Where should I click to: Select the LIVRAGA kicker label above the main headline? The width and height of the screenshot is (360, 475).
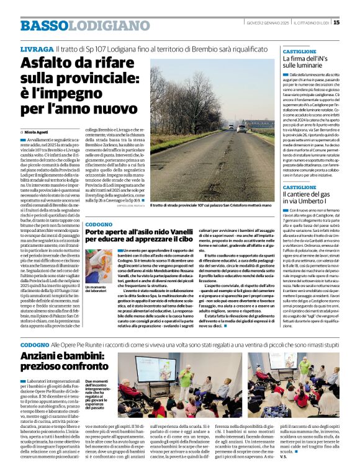[36, 48]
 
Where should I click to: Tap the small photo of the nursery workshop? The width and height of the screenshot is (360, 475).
[99, 267]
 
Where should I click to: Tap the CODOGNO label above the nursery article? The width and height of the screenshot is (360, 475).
[99, 223]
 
